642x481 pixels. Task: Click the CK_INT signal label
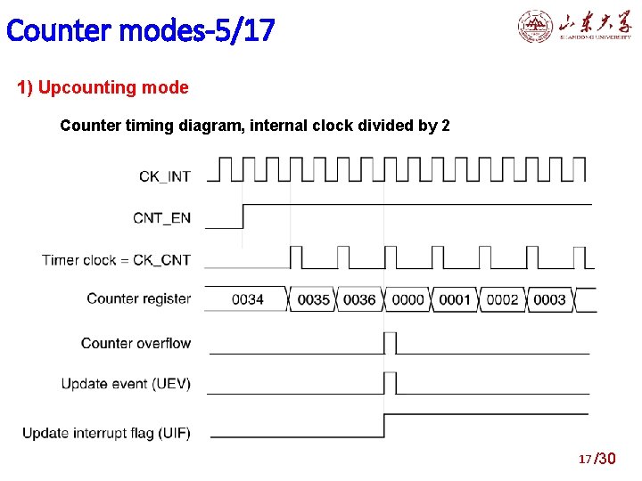[x=164, y=176]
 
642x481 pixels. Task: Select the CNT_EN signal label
[x=161, y=218]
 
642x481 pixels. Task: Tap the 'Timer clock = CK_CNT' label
[x=116, y=260]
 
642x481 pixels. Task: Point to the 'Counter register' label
[x=138, y=298]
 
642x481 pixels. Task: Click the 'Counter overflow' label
[x=136, y=343]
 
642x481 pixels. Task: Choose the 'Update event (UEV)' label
[x=126, y=384]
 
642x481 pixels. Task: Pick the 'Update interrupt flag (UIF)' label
[x=106, y=434]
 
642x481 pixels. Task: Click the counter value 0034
[x=247, y=299]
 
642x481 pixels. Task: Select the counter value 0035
[x=313, y=299]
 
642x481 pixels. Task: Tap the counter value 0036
[x=359, y=299]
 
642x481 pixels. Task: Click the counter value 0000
[x=407, y=299]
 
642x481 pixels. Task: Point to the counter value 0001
[x=455, y=299]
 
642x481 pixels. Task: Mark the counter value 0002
[x=502, y=299]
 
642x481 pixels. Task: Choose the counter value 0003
[x=549, y=299]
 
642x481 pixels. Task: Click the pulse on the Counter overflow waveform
[x=390, y=343]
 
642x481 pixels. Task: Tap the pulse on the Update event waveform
[x=390, y=383]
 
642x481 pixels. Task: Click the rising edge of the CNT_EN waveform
[x=243, y=216]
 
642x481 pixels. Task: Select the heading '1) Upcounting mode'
[x=103, y=88]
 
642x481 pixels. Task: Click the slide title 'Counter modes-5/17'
[x=140, y=30]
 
